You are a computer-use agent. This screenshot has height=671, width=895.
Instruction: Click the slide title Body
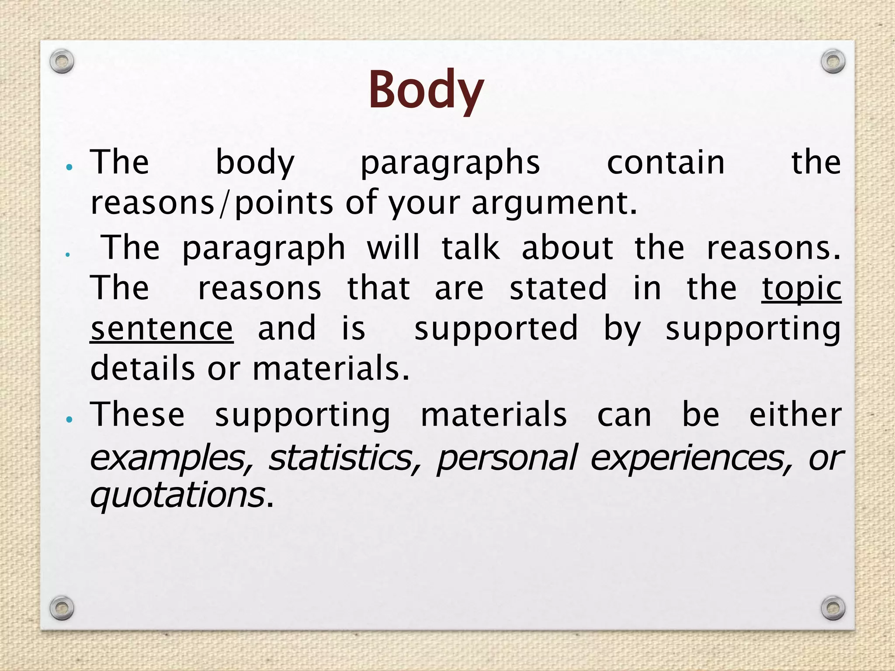pos(426,90)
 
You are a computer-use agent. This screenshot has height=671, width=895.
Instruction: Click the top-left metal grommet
pos(62,62)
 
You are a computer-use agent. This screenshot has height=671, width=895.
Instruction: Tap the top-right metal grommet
pos(833,62)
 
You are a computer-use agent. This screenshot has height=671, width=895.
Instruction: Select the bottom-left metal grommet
pos(62,608)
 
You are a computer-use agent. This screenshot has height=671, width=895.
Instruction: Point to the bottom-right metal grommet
pos(833,608)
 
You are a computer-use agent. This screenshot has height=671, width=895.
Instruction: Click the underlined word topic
pos(801,288)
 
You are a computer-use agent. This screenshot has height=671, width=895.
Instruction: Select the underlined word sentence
pos(162,329)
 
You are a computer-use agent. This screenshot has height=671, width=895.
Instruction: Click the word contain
pos(666,163)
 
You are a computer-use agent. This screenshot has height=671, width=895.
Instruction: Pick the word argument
pos(554,204)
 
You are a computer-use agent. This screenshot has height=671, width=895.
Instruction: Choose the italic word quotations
pos(177,496)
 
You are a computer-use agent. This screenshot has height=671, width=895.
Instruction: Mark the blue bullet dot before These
pos(68,420)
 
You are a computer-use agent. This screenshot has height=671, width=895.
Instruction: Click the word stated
pos(559,288)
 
